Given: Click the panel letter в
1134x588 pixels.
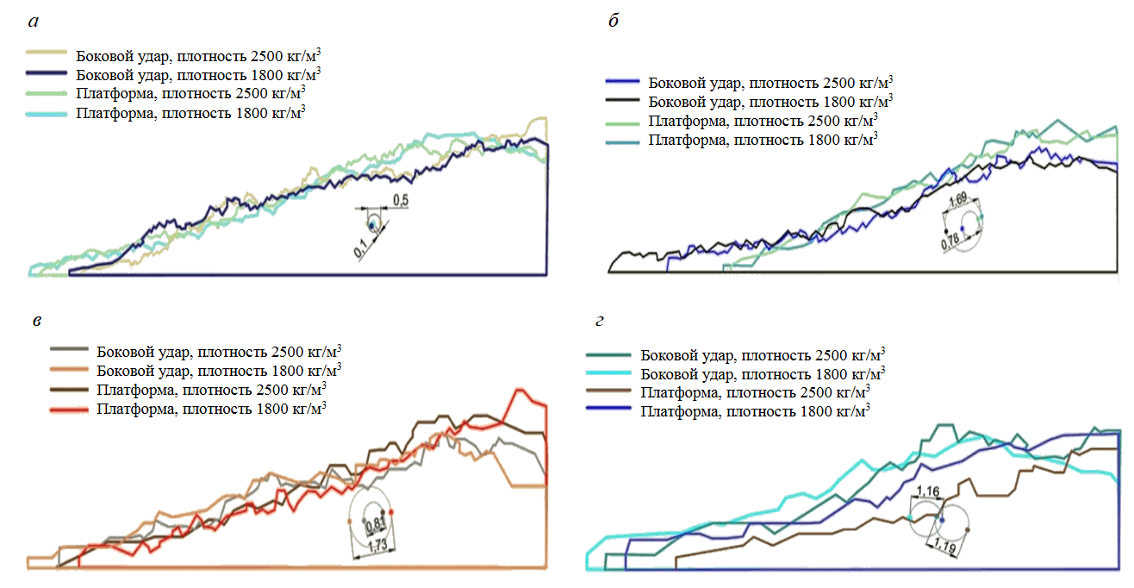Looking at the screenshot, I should (34, 320).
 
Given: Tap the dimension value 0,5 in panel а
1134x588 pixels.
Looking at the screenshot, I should (401, 200).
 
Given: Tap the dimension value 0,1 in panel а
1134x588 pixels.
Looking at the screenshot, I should (362, 247).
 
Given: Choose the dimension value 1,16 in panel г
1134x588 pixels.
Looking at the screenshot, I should (928, 491).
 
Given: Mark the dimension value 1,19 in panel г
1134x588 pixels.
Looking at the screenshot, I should (945, 545).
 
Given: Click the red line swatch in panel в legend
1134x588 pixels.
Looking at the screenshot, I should (71, 408).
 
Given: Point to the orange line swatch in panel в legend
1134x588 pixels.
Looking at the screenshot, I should (71, 370).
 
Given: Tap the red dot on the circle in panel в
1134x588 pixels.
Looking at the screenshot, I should (391, 512).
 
